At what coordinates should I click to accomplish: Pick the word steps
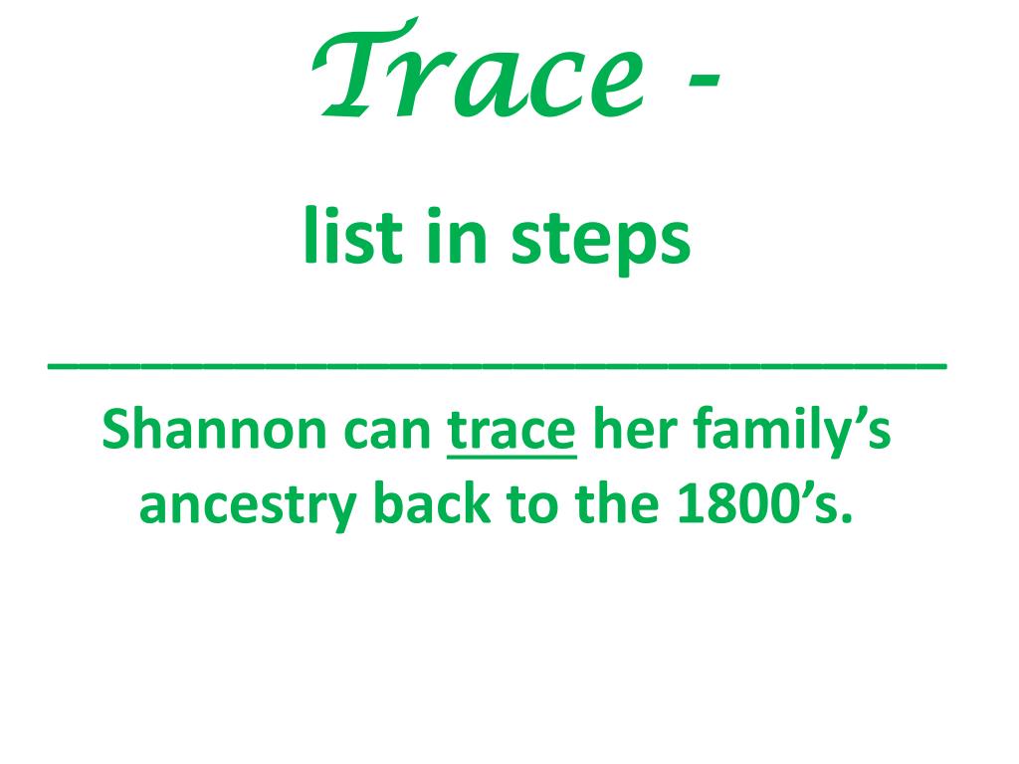tap(601, 243)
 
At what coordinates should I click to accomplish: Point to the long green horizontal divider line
tap(498, 366)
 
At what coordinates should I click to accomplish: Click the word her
tap(641, 430)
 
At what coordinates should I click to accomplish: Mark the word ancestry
tap(247, 507)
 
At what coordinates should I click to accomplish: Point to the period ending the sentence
tap(847, 520)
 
